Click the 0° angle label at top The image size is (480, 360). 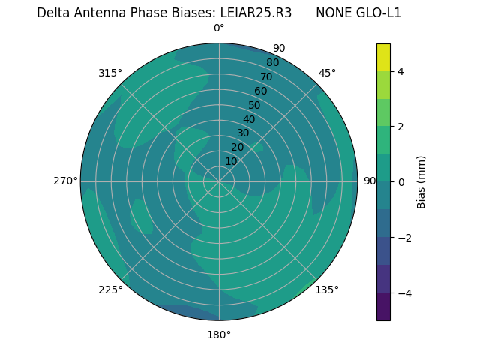coord(219,28)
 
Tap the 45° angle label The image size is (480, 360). coord(327,73)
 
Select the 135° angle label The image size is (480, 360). coord(327,289)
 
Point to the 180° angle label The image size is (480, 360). coord(219,334)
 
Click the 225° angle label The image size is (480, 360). coord(110,289)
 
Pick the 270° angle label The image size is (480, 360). coord(65,181)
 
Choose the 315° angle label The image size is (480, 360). coord(110,73)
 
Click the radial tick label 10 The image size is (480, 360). coord(231,161)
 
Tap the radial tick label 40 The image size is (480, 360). coord(249,119)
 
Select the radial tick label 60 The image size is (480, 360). coord(261,91)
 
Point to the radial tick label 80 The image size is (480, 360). coord(272,63)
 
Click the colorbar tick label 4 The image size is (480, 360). coord(401,71)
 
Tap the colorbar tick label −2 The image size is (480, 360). coord(404,238)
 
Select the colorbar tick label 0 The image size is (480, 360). coord(401,182)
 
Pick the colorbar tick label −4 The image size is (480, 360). coord(404,293)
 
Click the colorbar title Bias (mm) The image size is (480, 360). coord(421,182)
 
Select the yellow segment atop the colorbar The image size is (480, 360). coord(383,57)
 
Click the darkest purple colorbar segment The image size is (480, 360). coord(383,307)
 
